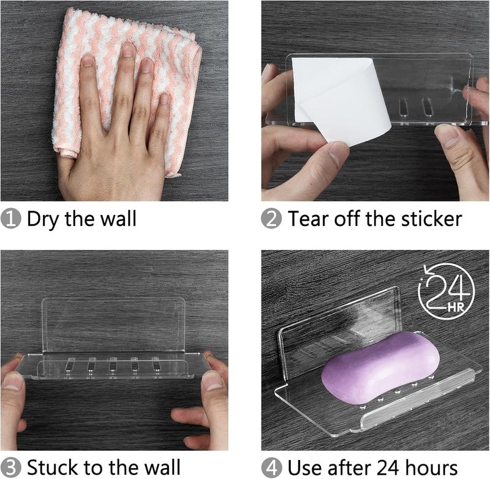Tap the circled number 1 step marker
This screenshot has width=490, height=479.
tap(10, 219)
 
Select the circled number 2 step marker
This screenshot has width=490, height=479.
tap(271, 219)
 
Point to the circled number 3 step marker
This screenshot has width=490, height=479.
tap(10, 468)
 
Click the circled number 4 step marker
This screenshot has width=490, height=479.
tap(271, 468)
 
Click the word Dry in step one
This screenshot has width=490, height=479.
tap(43, 220)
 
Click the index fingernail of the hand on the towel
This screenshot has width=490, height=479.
tap(88, 60)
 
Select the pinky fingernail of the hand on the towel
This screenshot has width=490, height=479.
tap(164, 99)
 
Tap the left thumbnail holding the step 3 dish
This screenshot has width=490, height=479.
tap(13, 381)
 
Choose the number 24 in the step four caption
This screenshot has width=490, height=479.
tap(388, 467)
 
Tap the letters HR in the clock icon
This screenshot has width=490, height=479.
tap(456, 307)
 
